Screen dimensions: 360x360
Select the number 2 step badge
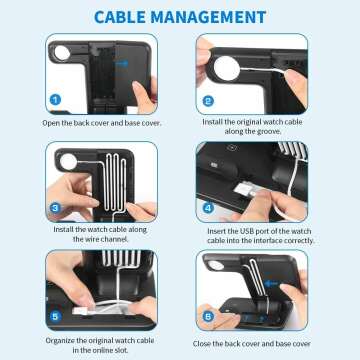click(207, 100)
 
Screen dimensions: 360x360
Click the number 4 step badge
click(207, 209)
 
